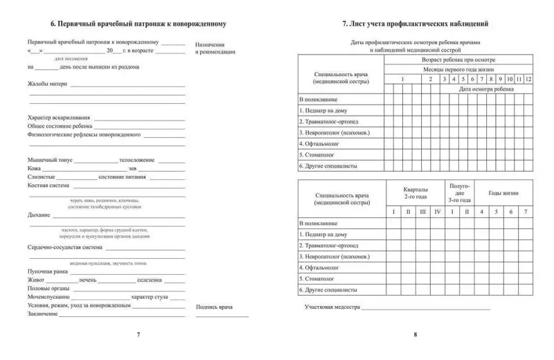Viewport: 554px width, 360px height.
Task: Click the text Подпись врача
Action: (214, 306)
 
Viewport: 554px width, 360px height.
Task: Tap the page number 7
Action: (138, 335)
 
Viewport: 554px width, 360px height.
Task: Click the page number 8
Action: (415, 335)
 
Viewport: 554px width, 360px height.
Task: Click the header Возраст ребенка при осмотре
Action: (458, 60)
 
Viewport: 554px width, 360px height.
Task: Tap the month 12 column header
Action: (528, 80)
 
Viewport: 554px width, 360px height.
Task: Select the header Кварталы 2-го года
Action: (415, 193)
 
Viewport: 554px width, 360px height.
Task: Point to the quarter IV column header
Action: (436, 211)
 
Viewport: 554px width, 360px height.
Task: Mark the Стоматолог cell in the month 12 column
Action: (528, 154)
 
